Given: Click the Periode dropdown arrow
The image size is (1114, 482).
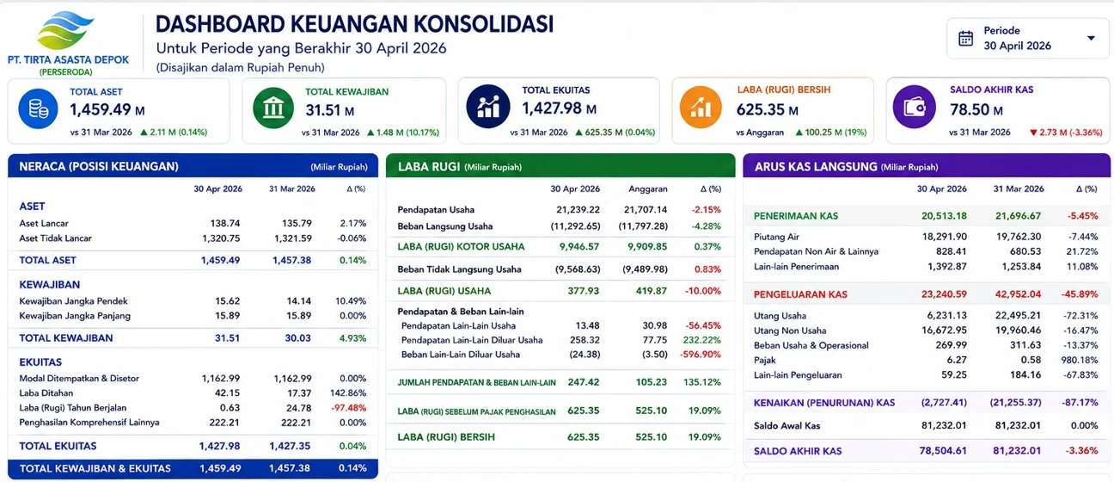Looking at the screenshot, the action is coord(1091,39).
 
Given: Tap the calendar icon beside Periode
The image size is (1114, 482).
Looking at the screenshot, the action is coord(966,39).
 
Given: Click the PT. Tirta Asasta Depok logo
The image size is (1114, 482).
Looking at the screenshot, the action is coord(65,30).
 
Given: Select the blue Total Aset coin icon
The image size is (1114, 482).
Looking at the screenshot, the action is coord(39,108).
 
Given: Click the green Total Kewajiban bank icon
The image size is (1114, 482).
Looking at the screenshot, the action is coord(273,108).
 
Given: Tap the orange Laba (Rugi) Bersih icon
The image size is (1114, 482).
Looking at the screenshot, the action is coord(701,107).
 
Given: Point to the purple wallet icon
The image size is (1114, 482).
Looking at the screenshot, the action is coord(914,107).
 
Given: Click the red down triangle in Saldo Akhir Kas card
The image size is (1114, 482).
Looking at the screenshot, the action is coord(1033,133).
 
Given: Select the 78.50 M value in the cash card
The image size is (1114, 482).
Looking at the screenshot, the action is coord(976,109).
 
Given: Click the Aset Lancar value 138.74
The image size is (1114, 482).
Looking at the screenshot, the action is coord(225,223).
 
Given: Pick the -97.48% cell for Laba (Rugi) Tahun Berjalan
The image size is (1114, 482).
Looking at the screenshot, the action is coord(349,408).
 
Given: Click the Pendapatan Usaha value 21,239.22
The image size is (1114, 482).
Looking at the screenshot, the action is coord(578,210).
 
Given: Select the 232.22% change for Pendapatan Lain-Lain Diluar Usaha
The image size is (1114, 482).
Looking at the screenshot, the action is coord(701,340).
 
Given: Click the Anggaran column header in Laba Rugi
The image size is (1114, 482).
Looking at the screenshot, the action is coord(647,189).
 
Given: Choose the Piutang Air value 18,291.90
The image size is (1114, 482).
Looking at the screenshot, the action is coord(945,237).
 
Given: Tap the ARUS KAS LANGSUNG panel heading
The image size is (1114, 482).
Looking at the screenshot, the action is coord(816,167).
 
